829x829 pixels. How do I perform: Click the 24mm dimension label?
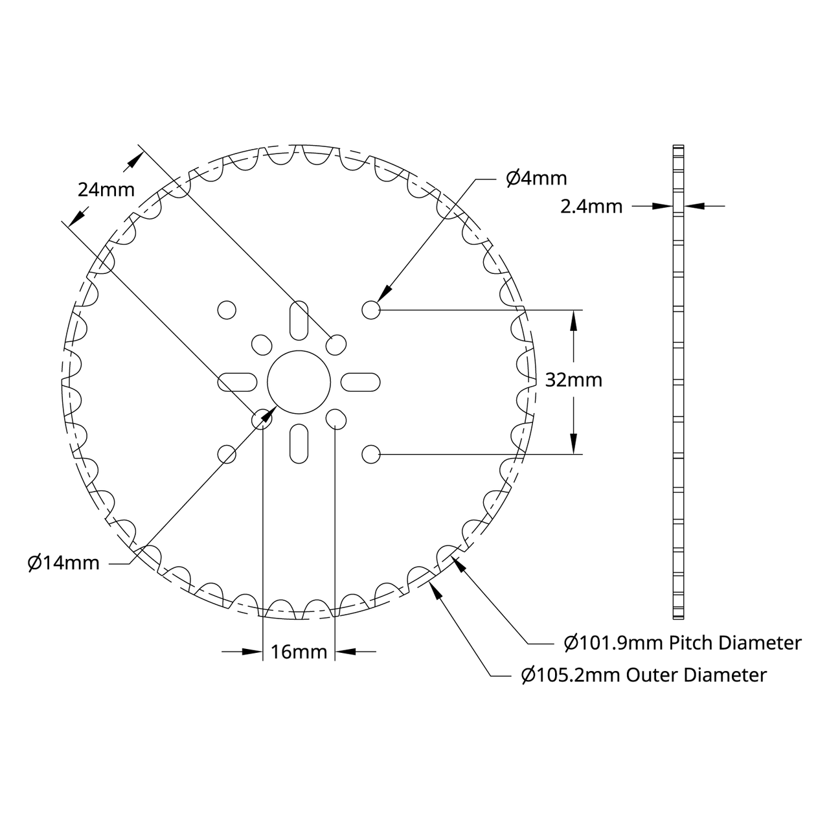tap(106, 190)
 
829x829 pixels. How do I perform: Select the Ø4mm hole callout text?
tap(536, 178)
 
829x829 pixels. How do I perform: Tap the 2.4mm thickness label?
tap(591, 207)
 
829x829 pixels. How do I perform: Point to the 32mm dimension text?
tap(573, 380)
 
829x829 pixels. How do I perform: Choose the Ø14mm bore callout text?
tap(63, 563)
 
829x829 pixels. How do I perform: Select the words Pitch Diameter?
tap(735, 643)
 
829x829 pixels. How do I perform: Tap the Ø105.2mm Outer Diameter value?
tap(572, 676)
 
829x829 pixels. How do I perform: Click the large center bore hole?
tap(299, 381)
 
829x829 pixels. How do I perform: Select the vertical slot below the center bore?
tap(299, 444)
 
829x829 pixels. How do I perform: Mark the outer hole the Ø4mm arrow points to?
tap(371, 310)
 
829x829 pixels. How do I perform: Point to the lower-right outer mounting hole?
tap(371, 454)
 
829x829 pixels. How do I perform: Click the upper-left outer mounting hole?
tap(227, 310)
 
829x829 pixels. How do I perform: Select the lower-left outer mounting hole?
tap(227, 454)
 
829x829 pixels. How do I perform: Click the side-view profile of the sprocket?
tap(678, 381)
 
